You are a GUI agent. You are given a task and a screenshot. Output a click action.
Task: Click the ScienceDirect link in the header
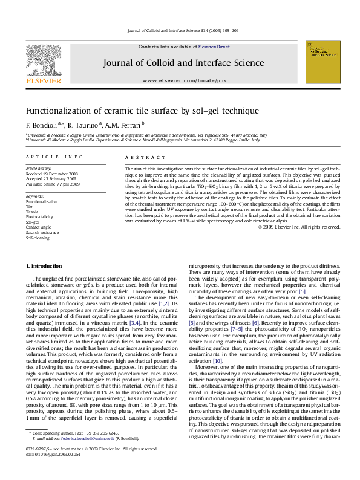point(214,47)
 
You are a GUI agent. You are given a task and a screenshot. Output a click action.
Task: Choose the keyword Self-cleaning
point(36,238)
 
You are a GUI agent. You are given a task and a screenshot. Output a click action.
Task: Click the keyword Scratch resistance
point(42,232)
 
